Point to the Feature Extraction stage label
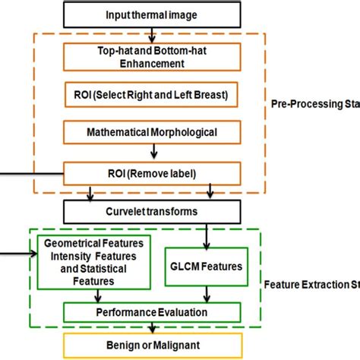coord(312,286)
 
